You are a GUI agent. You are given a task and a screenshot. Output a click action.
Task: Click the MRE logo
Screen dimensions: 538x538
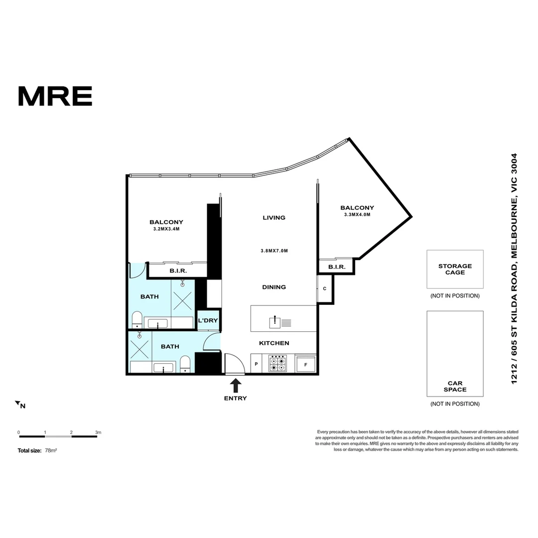click(55, 96)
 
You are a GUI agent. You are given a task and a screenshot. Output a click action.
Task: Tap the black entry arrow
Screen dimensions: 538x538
click(236, 386)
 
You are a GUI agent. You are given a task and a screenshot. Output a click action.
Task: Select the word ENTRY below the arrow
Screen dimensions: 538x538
click(236, 399)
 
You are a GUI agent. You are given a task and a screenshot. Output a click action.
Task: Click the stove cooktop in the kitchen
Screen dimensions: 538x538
click(277, 363)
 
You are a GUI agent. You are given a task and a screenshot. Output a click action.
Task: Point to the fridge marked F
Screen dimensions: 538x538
click(305, 364)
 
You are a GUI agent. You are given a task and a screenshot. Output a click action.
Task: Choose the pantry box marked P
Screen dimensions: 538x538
click(256, 364)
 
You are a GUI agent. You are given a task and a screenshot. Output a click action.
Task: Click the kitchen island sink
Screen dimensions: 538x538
click(275, 322)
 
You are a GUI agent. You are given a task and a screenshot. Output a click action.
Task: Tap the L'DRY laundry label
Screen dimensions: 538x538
click(208, 320)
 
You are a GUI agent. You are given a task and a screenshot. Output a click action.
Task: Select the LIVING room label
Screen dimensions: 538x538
click(274, 218)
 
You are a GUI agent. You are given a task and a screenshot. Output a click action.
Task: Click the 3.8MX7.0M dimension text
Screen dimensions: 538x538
click(274, 251)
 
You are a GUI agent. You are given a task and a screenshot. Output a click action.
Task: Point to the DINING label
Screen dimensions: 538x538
click(274, 287)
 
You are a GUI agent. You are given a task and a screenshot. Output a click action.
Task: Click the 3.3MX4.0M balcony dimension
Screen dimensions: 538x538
click(357, 215)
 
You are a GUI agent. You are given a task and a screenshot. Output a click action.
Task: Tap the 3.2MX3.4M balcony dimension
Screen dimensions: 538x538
click(166, 229)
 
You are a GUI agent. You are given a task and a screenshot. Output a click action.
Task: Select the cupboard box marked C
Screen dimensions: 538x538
click(324, 289)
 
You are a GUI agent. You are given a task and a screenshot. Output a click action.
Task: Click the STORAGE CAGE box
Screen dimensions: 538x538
click(455, 269)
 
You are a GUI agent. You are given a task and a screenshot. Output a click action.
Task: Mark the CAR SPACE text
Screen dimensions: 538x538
click(455, 387)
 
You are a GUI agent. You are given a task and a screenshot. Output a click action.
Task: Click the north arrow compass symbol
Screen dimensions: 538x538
click(18, 403)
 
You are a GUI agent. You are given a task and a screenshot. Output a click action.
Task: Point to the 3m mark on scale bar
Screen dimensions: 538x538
click(98, 432)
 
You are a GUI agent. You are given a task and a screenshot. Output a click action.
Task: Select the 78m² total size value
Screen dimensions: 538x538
click(51, 450)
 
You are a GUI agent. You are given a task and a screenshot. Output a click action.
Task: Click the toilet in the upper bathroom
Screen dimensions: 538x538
click(137, 319)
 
